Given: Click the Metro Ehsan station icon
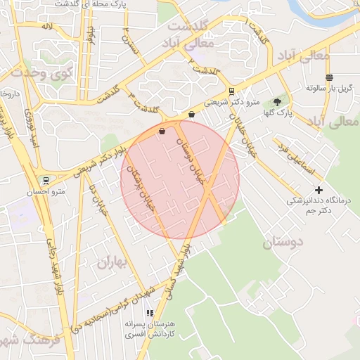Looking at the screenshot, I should [46, 180].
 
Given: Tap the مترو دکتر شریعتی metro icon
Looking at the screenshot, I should [231, 91].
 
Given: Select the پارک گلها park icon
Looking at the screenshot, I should [277, 102].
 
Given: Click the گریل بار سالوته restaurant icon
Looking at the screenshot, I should [329, 77].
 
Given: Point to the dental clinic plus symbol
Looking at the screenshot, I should [319, 190].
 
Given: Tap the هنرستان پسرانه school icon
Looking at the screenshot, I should [149, 314].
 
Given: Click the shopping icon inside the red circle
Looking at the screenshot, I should [162, 131].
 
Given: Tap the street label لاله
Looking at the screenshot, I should [47, 26].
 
